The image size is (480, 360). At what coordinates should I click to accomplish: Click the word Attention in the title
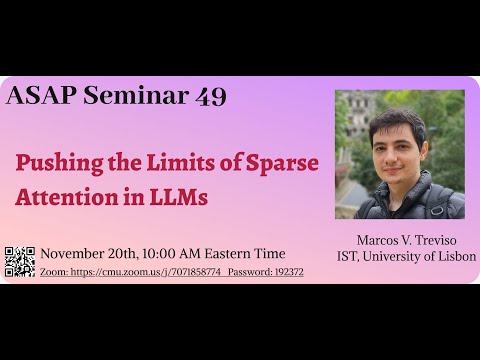pyautogui.click(x=61, y=197)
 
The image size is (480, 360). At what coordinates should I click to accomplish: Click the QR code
pyautogui.click(x=20, y=262)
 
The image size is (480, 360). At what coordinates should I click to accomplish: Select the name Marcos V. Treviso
pyautogui.click(x=400, y=240)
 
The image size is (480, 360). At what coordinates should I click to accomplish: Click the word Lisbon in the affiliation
pyautogui.click(x=455, y=257)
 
